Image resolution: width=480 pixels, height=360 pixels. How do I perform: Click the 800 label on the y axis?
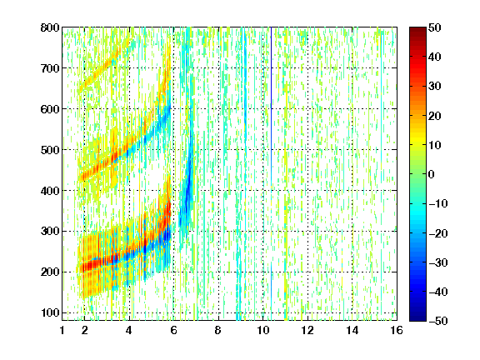click(50, 27)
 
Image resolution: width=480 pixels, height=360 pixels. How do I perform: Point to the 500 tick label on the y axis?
click(50, 150)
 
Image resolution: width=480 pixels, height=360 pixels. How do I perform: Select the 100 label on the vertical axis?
click(50, 312)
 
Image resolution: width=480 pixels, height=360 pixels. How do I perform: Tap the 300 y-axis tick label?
click(50, 232)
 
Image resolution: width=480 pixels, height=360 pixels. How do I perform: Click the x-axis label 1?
click(62, 330)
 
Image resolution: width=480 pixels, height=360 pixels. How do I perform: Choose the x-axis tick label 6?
click(173, 330)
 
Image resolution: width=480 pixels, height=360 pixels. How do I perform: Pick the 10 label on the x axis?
click(263, 330)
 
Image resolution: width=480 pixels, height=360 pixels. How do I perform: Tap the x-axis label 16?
click(397, 330)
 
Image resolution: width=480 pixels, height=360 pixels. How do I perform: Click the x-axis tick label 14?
click(352, 330)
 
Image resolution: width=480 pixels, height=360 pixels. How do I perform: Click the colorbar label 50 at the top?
click(435, 27)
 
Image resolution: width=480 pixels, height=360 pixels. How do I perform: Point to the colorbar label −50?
click(437, 321)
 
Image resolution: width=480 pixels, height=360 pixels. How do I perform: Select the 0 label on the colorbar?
click(432, 174)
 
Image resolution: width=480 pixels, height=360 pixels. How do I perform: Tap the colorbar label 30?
click(435, 87)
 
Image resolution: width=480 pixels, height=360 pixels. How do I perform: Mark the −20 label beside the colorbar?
click(437, 233)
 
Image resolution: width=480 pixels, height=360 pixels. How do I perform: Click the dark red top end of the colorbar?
click(417, 30)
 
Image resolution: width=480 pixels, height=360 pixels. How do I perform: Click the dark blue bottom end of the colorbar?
click(417, 318)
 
